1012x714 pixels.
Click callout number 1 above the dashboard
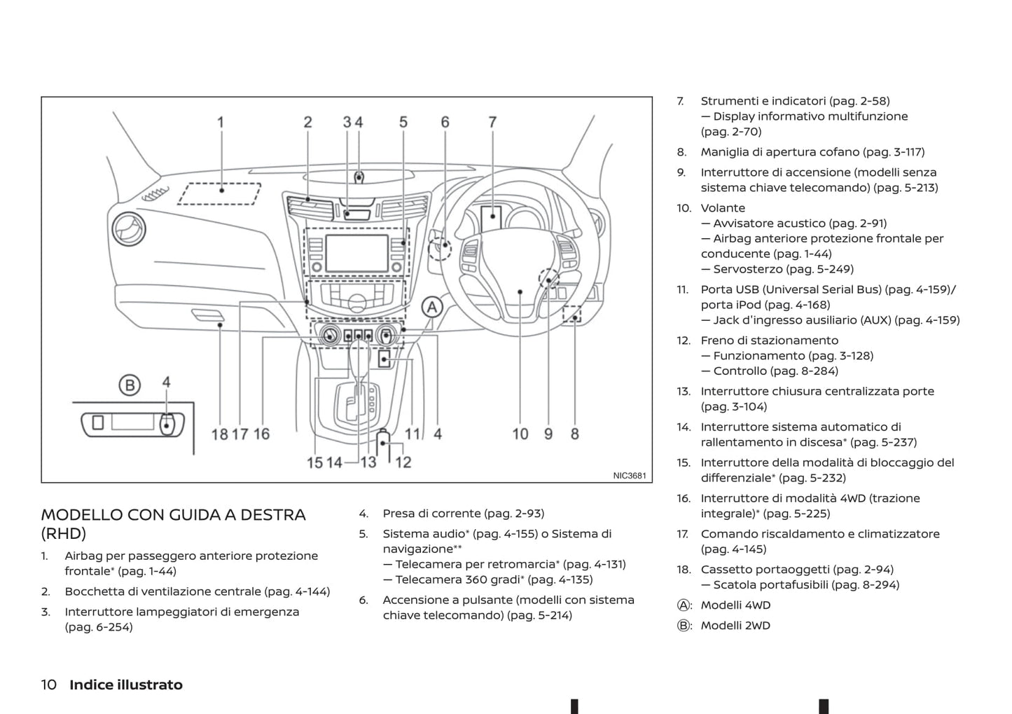click(x=221, y=123)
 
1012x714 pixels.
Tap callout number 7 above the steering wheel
click(x=492, y=123)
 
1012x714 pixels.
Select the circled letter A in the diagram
click(x=432, y=307)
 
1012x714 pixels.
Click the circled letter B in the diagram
click(x=130, y=385)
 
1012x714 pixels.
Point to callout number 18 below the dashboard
click(x=220, y=434)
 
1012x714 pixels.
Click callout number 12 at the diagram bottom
click(x=403, y=462)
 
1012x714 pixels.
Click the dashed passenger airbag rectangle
click(x=219, y=193)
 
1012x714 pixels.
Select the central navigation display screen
click(x=356, y=253)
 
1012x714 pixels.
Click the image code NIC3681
click(x=630, y=476)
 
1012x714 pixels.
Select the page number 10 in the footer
click(x=49, y=685)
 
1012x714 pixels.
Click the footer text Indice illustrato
click(x=126, y=685)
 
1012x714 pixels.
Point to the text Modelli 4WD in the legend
click(x=735, y=605)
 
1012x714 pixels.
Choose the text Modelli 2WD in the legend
click(x=735, y=626)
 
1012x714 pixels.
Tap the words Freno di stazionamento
click(x=769, y=341)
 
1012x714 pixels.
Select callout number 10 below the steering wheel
click(x=520, y=434)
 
